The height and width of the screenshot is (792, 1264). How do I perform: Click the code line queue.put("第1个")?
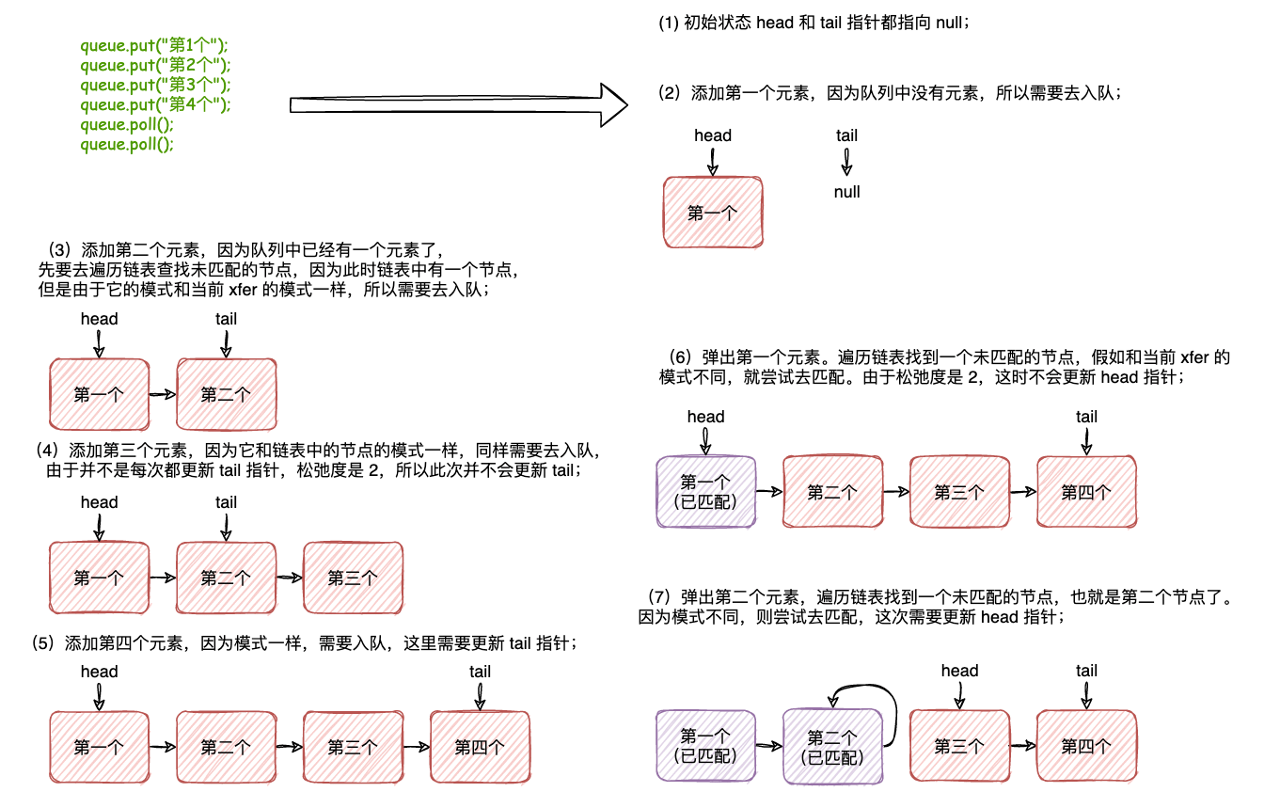click(x=154, y=45)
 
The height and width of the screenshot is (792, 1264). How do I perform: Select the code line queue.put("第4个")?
click(x=154, y=104)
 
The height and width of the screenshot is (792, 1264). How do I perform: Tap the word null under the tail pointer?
click(x=846, y=192)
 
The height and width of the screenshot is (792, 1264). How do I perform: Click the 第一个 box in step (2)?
click(x=713, y=213)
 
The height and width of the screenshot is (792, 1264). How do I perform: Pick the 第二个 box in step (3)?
click(x=227, y=394)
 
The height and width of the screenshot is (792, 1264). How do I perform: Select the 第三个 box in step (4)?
click(x=353, y=578)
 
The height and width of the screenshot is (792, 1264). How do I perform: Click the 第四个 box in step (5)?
click(x=480, y=747)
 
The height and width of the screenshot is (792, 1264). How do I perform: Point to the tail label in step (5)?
click(x=480, y=672)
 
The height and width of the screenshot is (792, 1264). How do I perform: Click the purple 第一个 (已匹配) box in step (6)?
click(x=705, y=491)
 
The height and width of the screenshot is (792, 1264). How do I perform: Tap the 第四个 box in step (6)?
click(x=1086, y=491)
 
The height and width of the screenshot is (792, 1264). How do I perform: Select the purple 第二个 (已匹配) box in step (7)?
click(x=832, y=747)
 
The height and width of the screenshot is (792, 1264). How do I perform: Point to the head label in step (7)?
click(x=959, y=671)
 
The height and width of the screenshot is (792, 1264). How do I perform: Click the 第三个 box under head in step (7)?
click(x=959, y=746)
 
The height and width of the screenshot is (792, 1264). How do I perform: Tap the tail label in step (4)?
click(x=226, y=502)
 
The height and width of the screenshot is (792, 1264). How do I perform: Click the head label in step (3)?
click(x=99, y=319)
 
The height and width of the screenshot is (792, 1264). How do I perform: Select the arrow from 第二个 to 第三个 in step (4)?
click(x=289, y=578)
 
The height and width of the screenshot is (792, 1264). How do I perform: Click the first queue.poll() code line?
click(x=127, y=124)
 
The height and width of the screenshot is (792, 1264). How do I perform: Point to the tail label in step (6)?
click(x=1086, y=417)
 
